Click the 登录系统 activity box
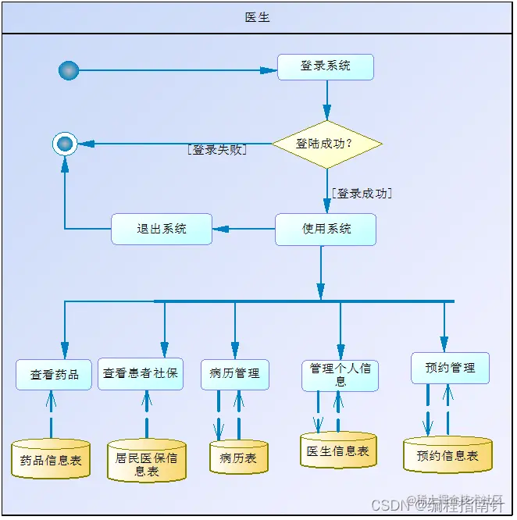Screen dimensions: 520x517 (326, 66)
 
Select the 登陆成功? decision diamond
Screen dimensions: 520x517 (326, 144)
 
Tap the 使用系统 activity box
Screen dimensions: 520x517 (326, 229)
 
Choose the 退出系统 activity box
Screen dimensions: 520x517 (162, 229)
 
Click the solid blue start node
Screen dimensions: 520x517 (69, 70)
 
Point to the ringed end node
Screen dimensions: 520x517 (65, 144)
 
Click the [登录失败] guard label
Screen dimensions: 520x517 (217, 150)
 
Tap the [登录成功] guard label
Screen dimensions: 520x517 (362, 193)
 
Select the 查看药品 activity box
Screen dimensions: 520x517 (54, 374)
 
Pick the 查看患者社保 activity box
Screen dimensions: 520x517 (141, 373)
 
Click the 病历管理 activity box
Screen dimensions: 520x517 (235, 374)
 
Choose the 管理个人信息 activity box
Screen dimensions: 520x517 (340, 375)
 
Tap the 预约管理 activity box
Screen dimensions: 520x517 (450, 368)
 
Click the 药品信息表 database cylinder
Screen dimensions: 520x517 (51, 460)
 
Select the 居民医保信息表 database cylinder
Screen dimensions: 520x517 (147, 462)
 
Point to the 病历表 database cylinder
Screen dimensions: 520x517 (238, 458)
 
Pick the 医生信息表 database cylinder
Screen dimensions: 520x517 (338, 451)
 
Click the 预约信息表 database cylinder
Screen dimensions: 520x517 (447, 455)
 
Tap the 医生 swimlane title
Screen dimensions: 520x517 (258, 17)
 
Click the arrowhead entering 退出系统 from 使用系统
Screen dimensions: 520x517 (219, 229)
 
